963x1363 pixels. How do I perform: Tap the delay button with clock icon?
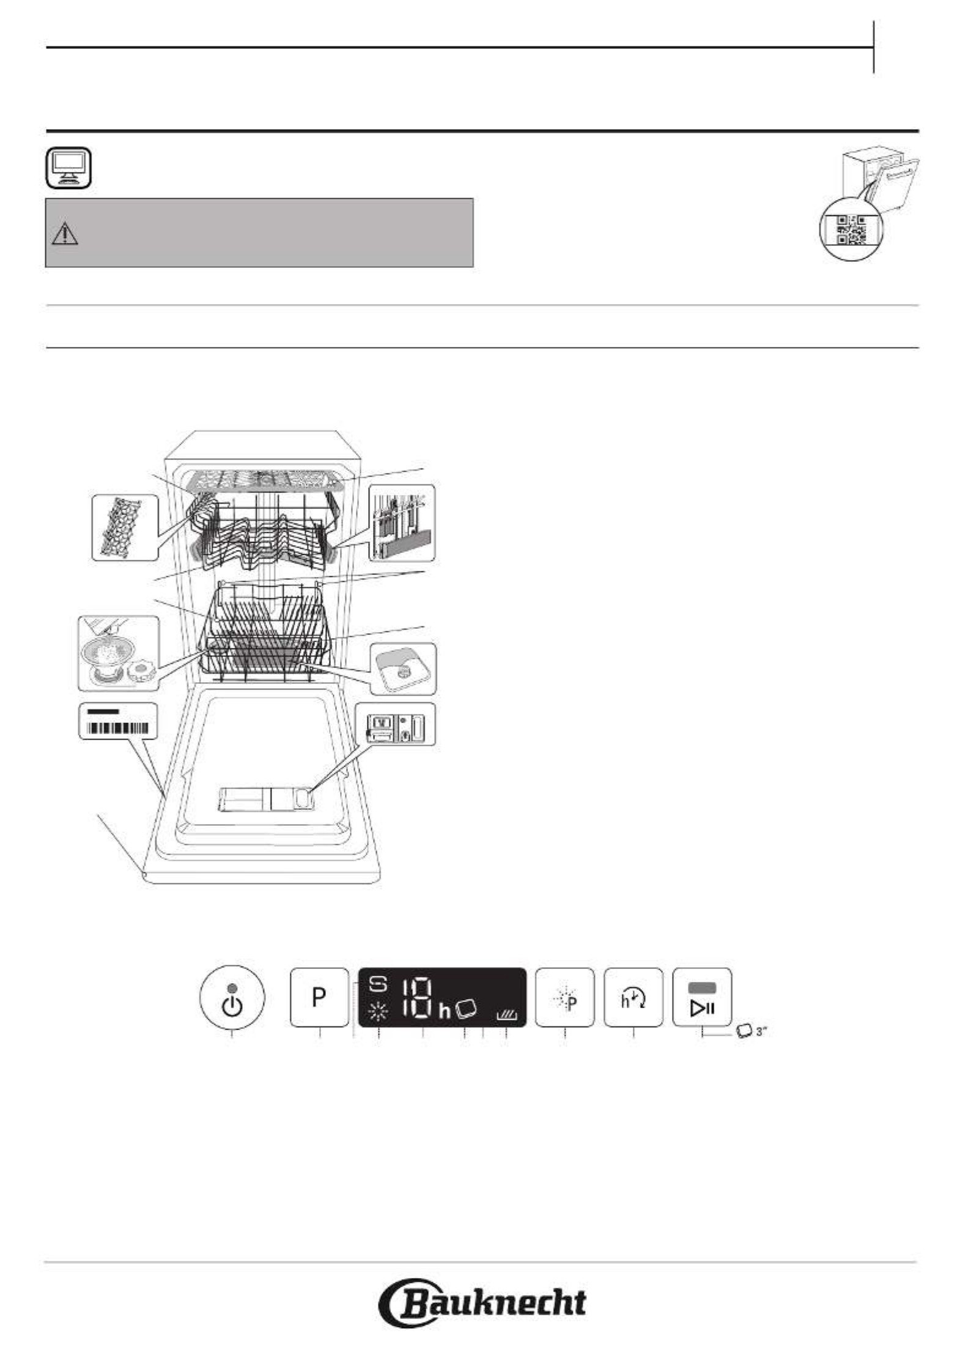click(633, 997)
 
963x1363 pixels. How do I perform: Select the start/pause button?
click(702, 997)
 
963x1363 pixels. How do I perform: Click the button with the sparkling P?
click(564, 997)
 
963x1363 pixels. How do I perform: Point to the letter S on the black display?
click(378, 985)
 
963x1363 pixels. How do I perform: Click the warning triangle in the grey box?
click(65, 234)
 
